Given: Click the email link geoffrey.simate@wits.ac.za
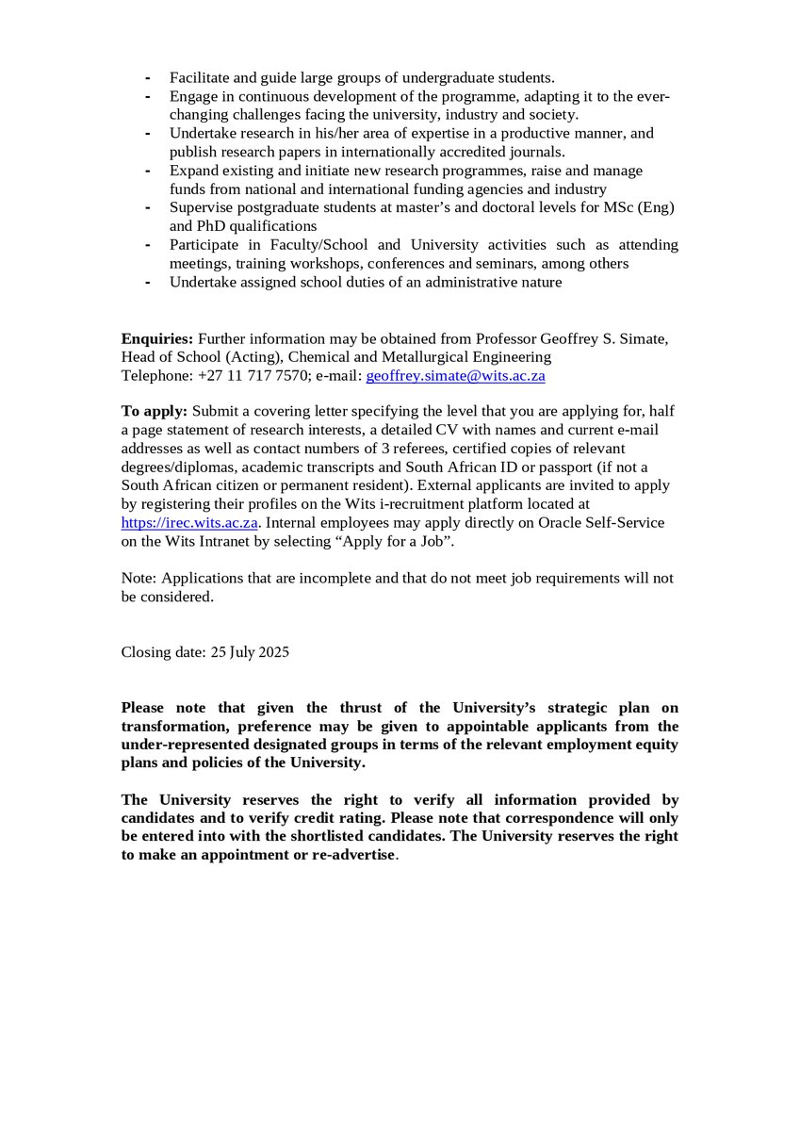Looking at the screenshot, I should coord(455,375).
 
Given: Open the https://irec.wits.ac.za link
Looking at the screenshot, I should coord(189,521).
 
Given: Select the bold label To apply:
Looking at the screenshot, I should coord(155,411).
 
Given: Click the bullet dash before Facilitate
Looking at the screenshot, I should coord(147,77).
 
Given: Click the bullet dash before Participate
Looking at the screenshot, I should coord(147,244).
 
